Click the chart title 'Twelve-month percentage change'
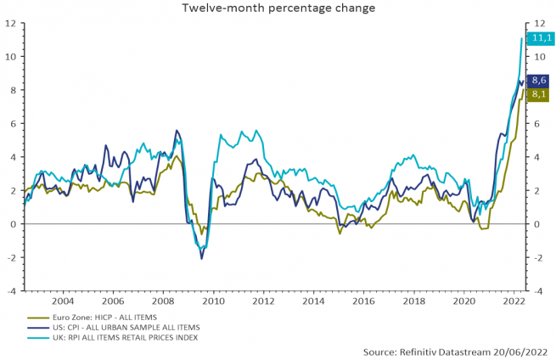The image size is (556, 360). pyautogui.click(x=278, y=8)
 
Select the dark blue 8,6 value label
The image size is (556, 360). pyautogui.click(x=538, y=80)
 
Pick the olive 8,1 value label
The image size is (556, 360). pyautogui.click(x=538, y=94)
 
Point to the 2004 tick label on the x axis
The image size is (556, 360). pyautogui.click(x=62, y=301)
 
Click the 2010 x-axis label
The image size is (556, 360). pyautogui.click(x=213, y=301)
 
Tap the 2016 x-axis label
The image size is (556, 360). pyautogui.click(x=363, y=301)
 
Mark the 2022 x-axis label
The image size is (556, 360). pyautogui.click(x=514, y=301)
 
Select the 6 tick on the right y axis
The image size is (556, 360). pyautogui.click(x=533, y=124)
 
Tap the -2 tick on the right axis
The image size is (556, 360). pyautogui.click(x=535, y=257)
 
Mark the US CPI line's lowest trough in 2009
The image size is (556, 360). pyautogui.click(x=201, y=258)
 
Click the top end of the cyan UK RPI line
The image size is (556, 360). pyautogui.click(x=521, y=38)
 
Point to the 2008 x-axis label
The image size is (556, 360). pyautogui.click(x=162, y=301)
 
